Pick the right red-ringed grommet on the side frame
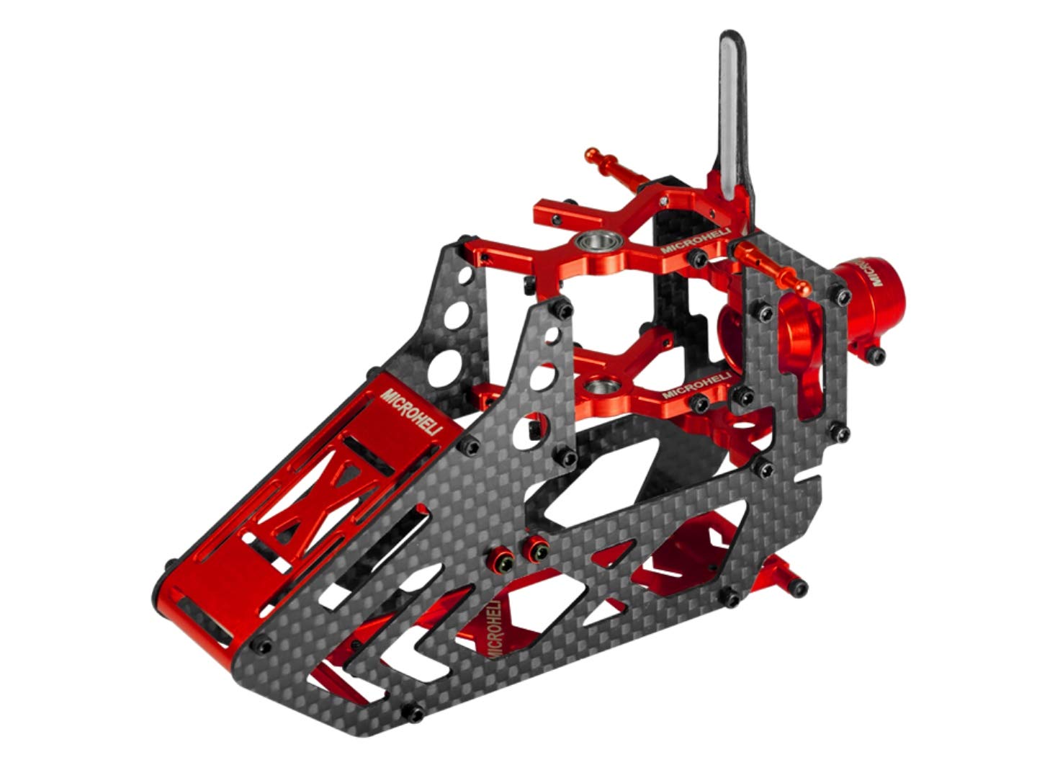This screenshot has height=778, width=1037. pos(535,550)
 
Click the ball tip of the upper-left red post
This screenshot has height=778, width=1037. pos(592,155)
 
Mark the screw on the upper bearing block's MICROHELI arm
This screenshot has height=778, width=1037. pos(696,257)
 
